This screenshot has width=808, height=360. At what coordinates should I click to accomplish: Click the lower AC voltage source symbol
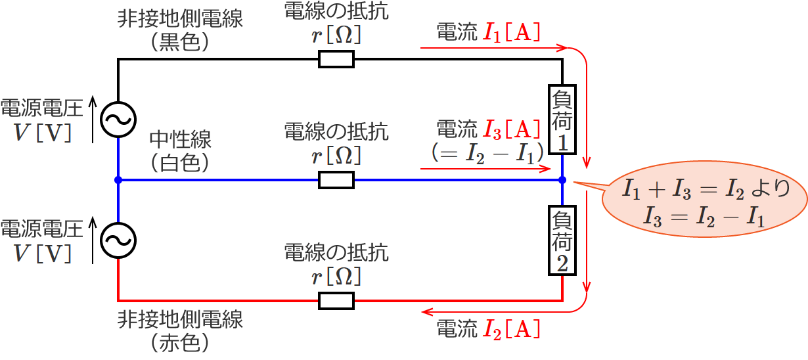pyautogui.click(x=118, y=240)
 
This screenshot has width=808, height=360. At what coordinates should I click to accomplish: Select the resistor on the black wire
pyautogui.click(x=336, y=60)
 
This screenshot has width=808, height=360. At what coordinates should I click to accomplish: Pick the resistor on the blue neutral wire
pyautogui.click(x=336, y=180)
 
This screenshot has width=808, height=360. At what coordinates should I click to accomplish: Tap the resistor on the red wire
pyautogui.click(x=336, y=301)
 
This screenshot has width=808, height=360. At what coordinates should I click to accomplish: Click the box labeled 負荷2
pyautogui.click(x=563, y=240)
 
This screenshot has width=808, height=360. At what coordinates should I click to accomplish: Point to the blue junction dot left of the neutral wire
pyautogui.click(x=118, y=180)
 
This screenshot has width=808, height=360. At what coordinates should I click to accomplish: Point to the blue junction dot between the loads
pyautogui.click(x=563, y=180)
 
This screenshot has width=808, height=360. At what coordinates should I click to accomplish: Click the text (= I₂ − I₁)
pyautogui.click(x=487, y=153)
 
